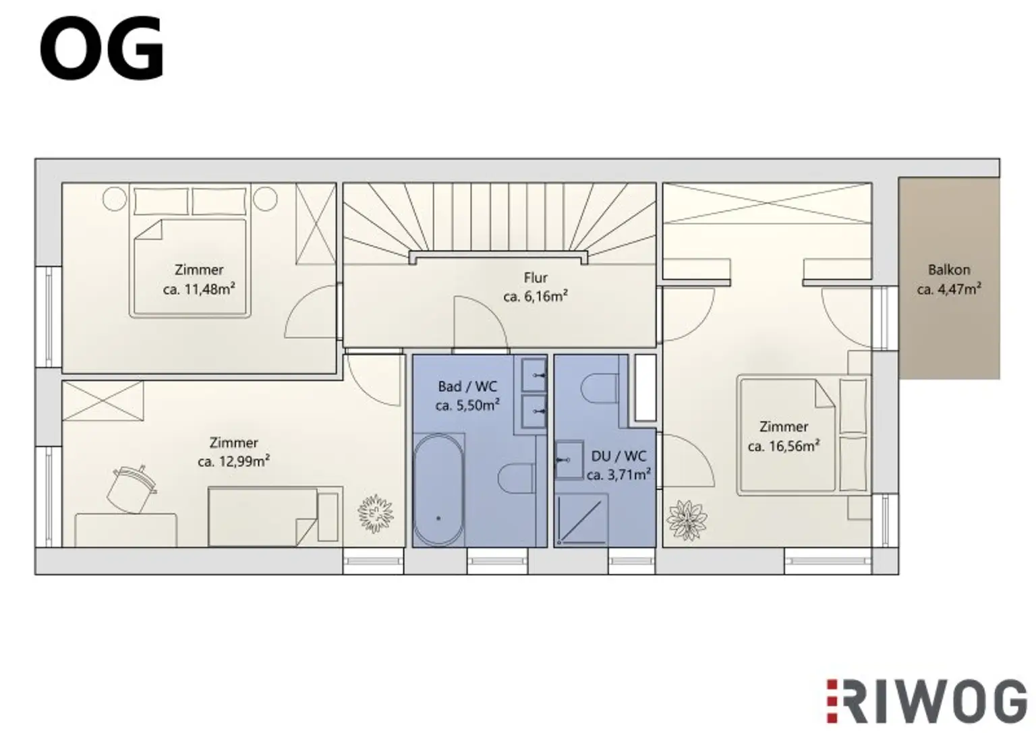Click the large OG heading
coord(101,49)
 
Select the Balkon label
coord(948,270)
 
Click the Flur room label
coord(536,277)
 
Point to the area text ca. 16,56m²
coord(783,446)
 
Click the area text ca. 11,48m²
coord(199,289)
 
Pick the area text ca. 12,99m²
coord(233,462)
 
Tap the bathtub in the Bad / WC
coord(438,490)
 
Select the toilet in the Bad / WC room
coord(516,479)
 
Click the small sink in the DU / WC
coord(568,460)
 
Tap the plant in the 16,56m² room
coord(687,520)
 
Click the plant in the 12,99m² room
coord(375,514)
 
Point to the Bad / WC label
coord(467,386)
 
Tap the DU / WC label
coord(618,456)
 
